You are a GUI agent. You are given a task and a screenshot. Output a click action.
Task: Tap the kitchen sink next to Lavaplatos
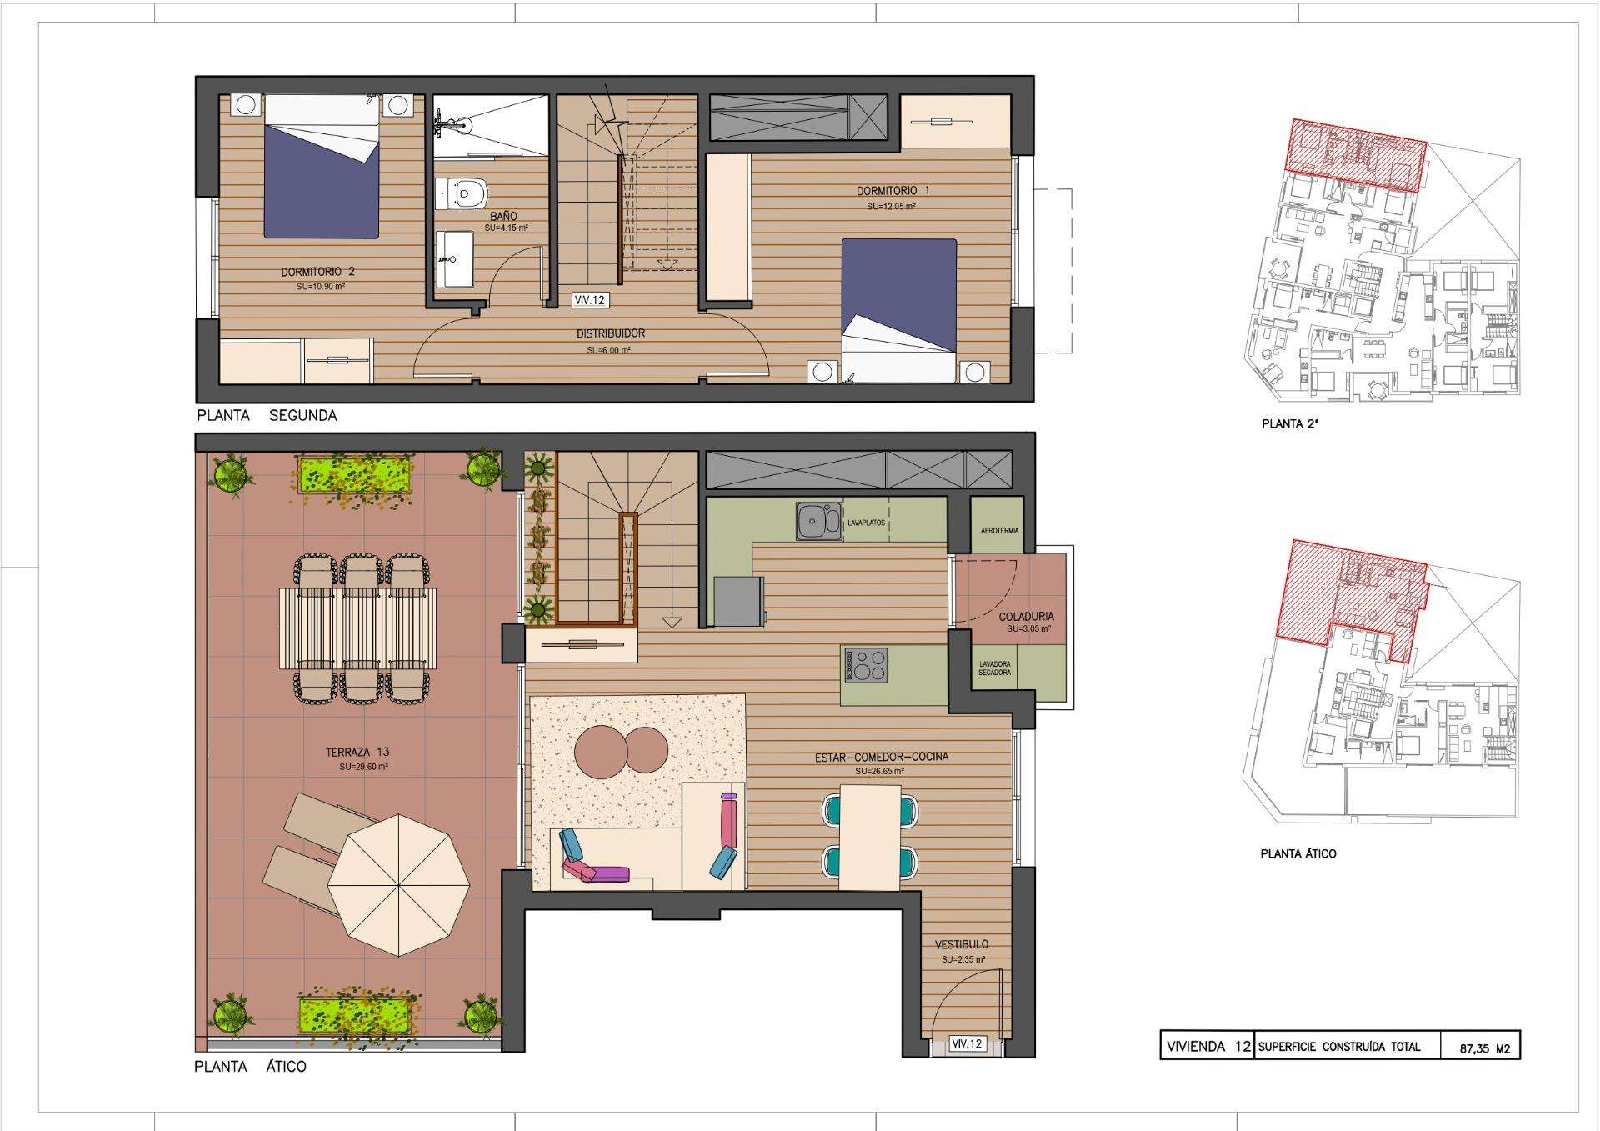(817, 522)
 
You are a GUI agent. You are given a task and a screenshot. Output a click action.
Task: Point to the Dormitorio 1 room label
(892, 191)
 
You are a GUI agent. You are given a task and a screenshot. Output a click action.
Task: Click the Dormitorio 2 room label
(318, 272)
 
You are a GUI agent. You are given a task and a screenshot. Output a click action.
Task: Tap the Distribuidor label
(611, 333)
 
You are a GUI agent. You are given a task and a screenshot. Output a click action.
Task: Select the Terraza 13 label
(357, 753)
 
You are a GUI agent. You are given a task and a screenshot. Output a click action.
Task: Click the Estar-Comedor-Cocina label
(882, 758)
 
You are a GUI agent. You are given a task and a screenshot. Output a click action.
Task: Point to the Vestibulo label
(962, 944)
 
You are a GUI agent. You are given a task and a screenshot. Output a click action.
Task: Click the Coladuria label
(1026, 617)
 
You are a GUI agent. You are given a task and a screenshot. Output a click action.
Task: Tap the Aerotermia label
(1000, 531)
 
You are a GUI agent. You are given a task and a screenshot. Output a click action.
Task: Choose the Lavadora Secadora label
(995, 668)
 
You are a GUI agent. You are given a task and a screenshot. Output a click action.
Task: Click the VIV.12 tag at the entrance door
(967, 1043)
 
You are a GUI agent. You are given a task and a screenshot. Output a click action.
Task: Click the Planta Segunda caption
(267, 415)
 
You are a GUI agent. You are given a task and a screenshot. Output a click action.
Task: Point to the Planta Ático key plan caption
(1298, 853)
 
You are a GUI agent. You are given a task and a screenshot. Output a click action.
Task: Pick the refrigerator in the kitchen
(737, 601)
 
